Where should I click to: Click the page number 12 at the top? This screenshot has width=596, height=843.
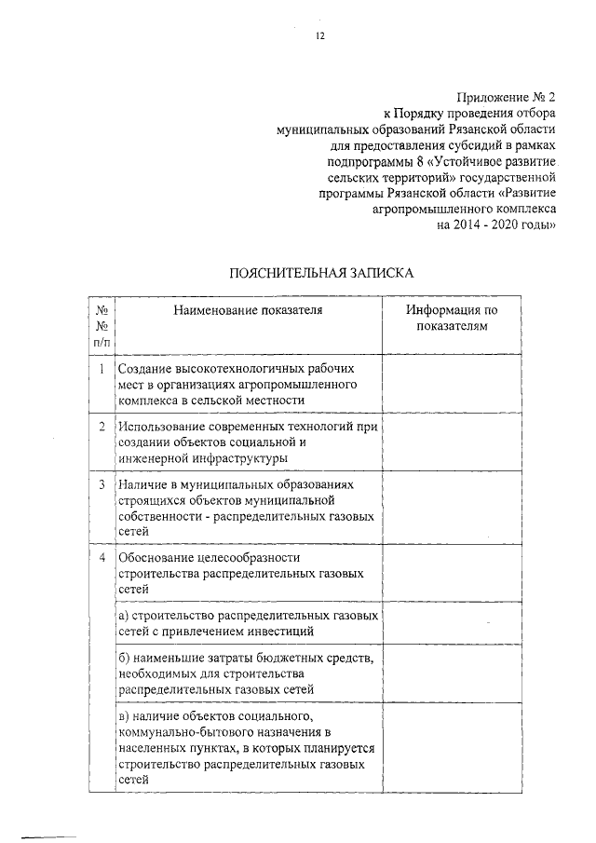point(320,36)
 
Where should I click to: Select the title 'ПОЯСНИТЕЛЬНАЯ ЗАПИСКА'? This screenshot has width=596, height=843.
point(320,274)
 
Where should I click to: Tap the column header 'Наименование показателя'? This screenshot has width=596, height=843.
point(247,311)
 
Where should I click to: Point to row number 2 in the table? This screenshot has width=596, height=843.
point(101,426)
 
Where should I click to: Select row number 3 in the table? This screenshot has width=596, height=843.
point(101,484)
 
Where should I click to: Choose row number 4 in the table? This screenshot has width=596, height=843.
point(101,556)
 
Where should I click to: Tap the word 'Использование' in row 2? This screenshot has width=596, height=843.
point(160,426)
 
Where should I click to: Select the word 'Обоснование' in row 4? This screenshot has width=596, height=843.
point(156,556)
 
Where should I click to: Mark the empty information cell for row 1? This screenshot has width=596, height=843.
point(452,383)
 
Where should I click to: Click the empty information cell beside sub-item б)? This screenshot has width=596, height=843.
point(452,673)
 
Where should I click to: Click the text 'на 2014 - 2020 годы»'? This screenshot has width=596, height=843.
point(496,224)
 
